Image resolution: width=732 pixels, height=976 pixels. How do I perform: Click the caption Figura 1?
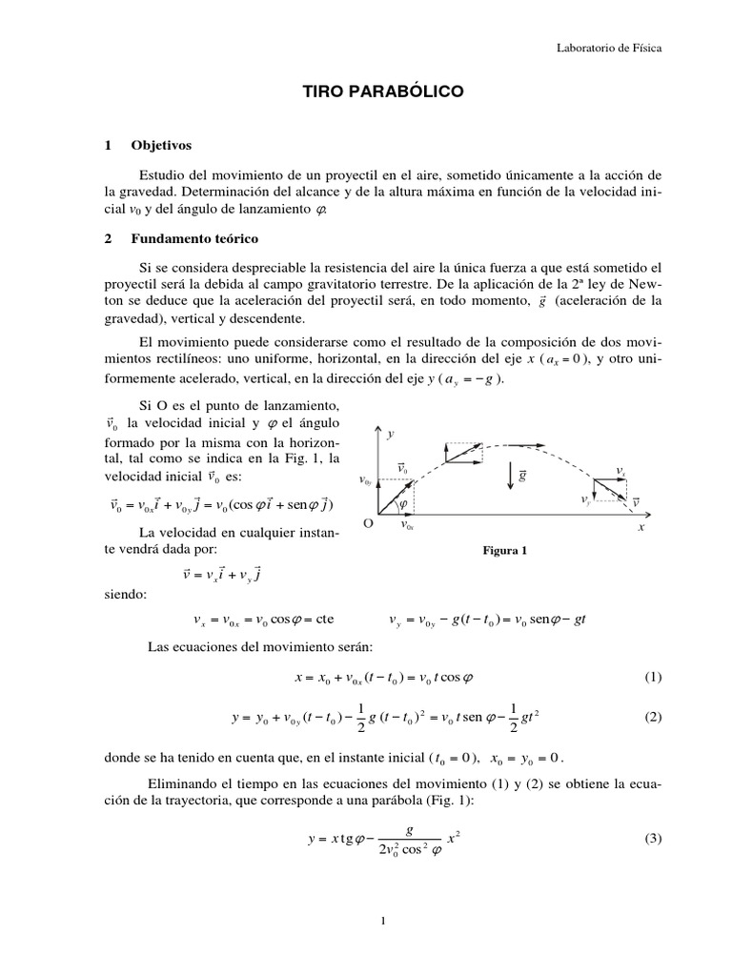[x=505, y=551]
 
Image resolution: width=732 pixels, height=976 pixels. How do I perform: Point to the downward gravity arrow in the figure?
[x=511, y=474]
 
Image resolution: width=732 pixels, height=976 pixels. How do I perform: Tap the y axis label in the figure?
[x=391, y=434]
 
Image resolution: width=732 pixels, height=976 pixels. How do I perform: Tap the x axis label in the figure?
[x=640, y=526]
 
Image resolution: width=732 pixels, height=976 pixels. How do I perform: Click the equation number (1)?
[x=652, y=678]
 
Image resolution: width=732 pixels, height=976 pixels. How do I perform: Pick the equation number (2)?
[x=652, y=718]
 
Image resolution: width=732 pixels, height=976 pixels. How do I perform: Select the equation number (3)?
[x=652, y=839]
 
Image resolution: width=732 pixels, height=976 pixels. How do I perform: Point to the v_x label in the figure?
[x=620, y=470]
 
